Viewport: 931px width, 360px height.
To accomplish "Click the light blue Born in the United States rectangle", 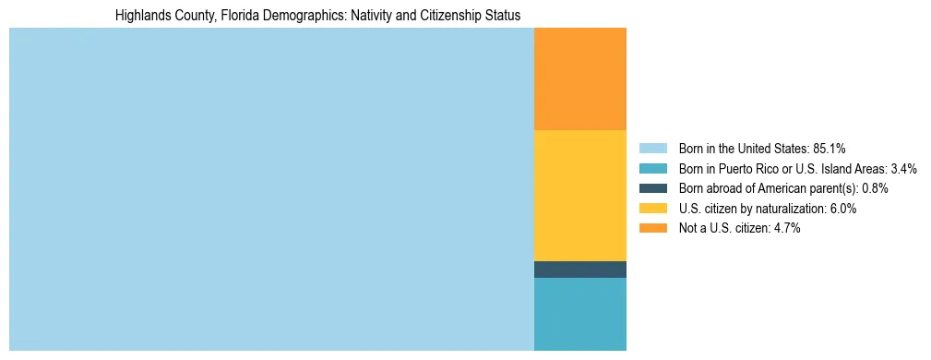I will pos(271,189).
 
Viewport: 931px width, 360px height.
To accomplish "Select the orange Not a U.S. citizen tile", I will pos(579,78).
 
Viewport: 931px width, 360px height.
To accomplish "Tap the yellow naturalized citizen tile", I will pos(579,195).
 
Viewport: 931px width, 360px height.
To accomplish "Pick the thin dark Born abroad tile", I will pos(579,269).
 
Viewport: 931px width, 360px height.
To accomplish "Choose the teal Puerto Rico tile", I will pos(579,314).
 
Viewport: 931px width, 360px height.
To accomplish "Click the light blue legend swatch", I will pos(652,149).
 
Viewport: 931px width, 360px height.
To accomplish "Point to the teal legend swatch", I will pos(652,169).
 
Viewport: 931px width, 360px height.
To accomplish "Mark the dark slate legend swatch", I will pos(652,188).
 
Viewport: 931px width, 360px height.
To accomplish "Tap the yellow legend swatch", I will pos(652,209).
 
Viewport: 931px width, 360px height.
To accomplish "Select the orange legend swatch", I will pos(652,228).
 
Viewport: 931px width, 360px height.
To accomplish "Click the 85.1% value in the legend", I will pos(830,149).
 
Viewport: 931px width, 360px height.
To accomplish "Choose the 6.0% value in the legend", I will pos(843,209).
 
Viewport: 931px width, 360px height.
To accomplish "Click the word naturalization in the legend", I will pos(793,209).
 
